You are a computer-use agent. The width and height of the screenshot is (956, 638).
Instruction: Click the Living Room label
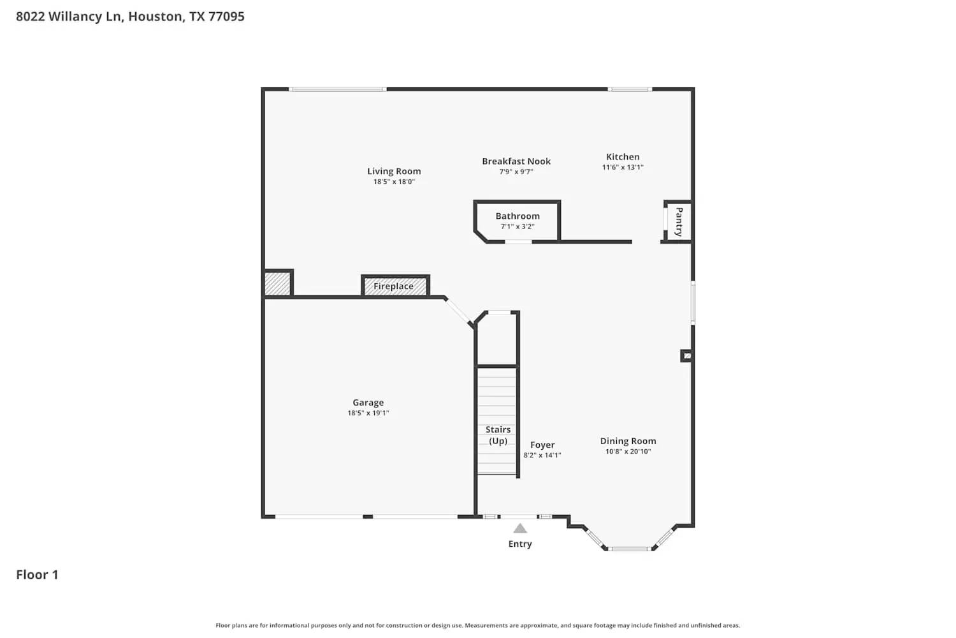tap(394, 171)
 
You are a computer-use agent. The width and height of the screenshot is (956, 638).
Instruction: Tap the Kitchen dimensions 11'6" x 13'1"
tap(623, 168)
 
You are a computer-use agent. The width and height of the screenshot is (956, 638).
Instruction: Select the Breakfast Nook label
tap(516, 161)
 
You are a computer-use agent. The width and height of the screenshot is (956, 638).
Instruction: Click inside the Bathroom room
tap(517, 221)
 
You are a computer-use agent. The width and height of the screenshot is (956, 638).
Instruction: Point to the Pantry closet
tap(678, 221)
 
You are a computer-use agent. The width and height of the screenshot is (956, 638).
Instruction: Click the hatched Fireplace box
tap(395, 286)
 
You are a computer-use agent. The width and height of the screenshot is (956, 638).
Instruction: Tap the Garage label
tap(368, 403)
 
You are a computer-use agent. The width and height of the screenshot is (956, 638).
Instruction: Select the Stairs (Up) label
tap(498, 435)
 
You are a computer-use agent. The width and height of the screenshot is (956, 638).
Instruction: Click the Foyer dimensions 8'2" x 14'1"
tap(542, 456)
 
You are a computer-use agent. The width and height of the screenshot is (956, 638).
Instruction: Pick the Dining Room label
tap(628, 441)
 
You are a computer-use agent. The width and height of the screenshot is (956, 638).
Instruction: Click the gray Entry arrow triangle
tap(520, 528)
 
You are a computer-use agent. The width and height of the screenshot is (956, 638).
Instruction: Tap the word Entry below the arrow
tap(520, 544)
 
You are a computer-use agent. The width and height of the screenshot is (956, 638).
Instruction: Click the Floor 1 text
tap(37, 575)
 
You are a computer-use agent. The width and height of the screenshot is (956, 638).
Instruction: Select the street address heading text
tap(130, 17)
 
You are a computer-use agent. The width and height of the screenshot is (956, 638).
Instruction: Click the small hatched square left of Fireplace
tap(277, 283)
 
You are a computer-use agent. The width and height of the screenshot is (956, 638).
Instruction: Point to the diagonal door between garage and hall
tap(459, 312)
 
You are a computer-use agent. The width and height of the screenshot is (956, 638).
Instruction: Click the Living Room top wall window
tap(338, 89)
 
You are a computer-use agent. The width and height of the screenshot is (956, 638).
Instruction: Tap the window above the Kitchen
tap(630, 89)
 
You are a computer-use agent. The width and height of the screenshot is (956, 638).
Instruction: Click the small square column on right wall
tap(686, 355)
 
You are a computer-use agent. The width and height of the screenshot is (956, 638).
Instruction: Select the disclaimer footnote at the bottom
tap(478, 626)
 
